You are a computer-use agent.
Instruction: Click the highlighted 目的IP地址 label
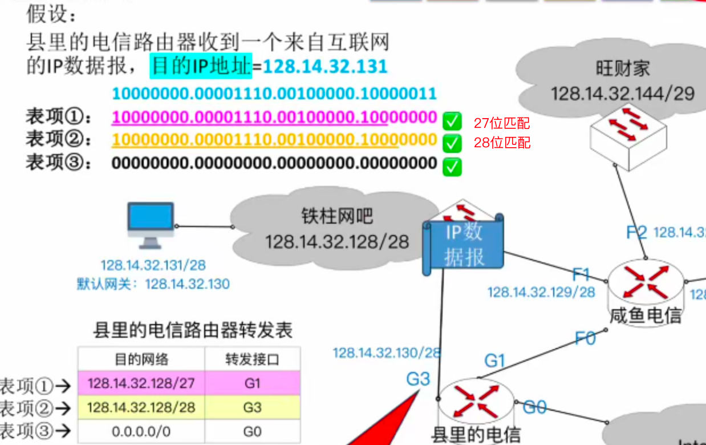click(201, 66)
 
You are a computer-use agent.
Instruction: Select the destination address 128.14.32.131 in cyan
click(325, 66)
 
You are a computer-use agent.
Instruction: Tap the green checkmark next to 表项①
click(452, 120)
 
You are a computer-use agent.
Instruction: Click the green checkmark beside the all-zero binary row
click(452, 166)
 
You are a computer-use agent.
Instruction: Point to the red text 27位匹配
click(502, 123)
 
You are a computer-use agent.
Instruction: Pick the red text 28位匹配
click(502, 142)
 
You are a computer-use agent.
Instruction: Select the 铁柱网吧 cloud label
click(337, 216)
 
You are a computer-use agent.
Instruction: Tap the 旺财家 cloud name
click(623, 69)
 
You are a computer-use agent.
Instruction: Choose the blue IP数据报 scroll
click(464, 244)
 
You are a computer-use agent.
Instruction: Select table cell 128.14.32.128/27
click(141, 383)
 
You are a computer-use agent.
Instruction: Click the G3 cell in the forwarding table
click(252, 407)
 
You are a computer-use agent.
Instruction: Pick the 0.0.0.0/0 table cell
click(141, 432)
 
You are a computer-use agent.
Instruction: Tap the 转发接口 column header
click(252, 359)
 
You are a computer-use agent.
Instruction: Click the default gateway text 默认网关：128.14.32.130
click(153, 284)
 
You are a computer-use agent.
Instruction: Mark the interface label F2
click(636, 232)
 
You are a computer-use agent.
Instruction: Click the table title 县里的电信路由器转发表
click(193, 330)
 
